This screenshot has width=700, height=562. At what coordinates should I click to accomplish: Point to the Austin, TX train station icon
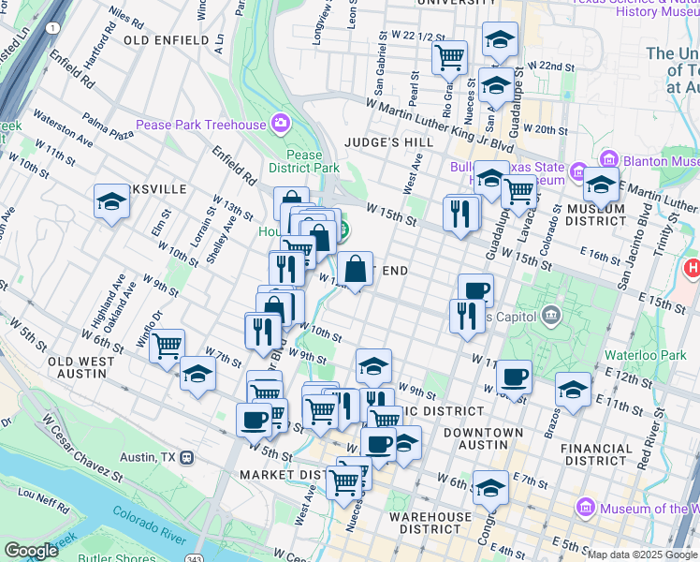187,458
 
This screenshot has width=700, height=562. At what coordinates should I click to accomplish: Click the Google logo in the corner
31,551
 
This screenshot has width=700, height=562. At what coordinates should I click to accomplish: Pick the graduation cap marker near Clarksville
111,201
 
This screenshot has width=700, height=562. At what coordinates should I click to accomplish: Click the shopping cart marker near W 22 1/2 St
450,56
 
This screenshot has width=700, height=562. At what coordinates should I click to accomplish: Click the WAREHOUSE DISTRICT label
430,523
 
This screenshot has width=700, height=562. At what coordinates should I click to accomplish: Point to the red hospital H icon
693,269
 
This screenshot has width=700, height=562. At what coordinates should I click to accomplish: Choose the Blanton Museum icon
608,159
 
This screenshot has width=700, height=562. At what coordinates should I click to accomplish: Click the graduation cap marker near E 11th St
573,389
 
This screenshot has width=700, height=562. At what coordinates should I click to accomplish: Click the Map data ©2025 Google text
642,555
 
